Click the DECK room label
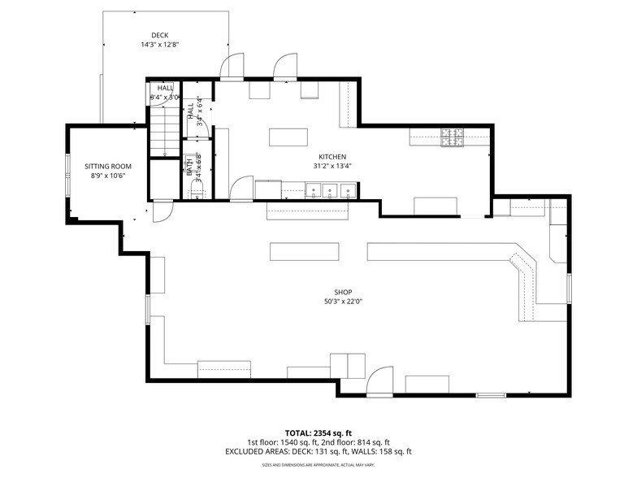[x=159, y=35]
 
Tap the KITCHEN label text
[x=332, y=156]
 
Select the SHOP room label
[x=344, y=293]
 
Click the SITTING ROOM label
[x=107, y=166]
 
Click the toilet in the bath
[x=195, y=191]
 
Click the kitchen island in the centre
[x=288, y=136]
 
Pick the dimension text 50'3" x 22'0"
[x=344, y=302]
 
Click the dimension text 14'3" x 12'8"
[x=159, y=45]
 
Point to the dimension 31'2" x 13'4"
[x=332, y=166]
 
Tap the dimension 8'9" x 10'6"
[x=107, y=176]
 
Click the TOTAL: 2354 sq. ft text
[x=318, y=432]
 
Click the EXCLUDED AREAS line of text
[x=318, y=451]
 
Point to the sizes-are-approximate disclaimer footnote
[x=318, y=465]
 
